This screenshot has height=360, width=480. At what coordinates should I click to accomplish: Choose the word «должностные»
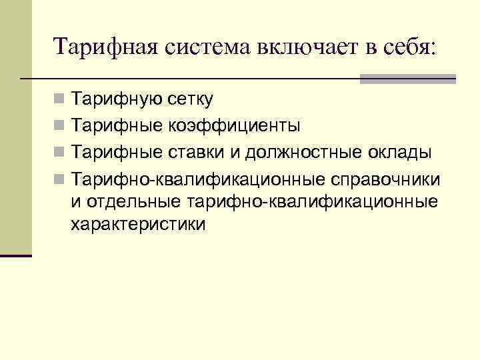point(305,151)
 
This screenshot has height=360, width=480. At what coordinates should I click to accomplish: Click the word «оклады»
point(403,151)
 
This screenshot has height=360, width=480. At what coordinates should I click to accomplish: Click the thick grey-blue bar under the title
point(408,79)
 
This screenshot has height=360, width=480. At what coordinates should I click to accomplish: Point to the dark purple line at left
point(16,255)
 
